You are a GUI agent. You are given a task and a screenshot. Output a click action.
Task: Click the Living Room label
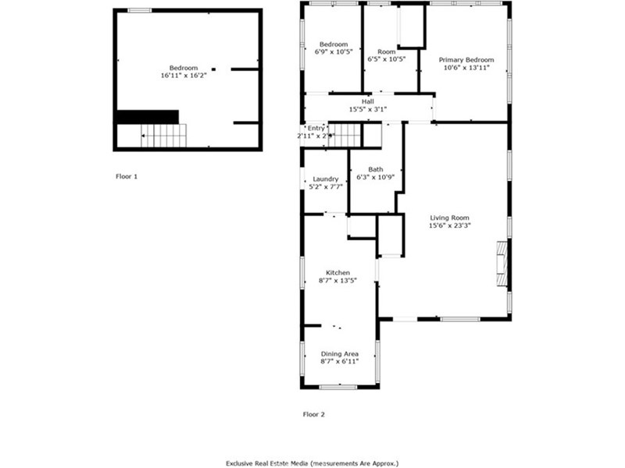point(450,218)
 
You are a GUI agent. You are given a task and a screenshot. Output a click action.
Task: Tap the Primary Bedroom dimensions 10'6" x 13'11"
point(466,68)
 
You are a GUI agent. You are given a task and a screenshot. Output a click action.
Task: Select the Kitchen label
point(338,272)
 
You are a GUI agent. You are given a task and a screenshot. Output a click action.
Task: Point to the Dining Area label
point(340,354)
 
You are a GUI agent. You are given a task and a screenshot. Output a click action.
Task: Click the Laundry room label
point(326,179)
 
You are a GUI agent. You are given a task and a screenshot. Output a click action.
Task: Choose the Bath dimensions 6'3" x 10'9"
point(376,177)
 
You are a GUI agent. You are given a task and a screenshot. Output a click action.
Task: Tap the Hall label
point(368,101)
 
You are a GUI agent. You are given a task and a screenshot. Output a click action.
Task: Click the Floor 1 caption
point(127,176)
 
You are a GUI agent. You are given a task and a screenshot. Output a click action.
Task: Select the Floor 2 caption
point(314,414)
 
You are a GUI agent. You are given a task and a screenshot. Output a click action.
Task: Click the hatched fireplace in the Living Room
point(502,263)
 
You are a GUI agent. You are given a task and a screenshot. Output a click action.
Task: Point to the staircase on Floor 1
point(163,136)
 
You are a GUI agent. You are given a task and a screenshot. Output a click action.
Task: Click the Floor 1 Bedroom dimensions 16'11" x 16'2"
point(184,76)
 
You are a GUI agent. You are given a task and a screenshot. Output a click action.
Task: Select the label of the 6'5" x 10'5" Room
point(386,51)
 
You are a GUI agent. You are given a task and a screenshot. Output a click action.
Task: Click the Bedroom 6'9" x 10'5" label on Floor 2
point(334,44)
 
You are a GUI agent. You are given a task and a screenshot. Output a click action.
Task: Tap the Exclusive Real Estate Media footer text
point(312,463)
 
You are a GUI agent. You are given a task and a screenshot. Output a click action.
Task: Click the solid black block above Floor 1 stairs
point(148,117)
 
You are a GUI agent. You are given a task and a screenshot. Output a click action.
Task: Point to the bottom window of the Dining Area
point(338,386)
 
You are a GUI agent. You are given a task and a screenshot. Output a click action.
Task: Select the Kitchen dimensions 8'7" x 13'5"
point(337,281)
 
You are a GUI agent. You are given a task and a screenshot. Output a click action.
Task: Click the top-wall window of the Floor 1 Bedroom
point(140,10)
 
